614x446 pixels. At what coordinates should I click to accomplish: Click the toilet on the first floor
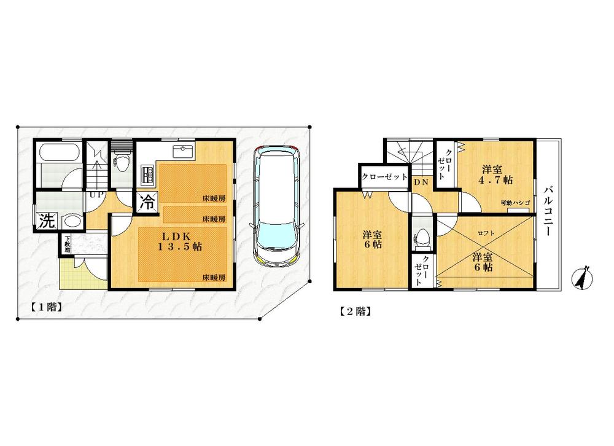pos(122,163)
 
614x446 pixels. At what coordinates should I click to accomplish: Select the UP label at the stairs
pos(96,195)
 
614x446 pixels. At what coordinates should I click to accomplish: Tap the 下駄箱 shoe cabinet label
pos(66,245)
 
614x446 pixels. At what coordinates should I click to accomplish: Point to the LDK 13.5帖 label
pos(171,241)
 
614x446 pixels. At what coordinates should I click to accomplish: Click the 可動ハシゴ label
pos(515,203)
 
